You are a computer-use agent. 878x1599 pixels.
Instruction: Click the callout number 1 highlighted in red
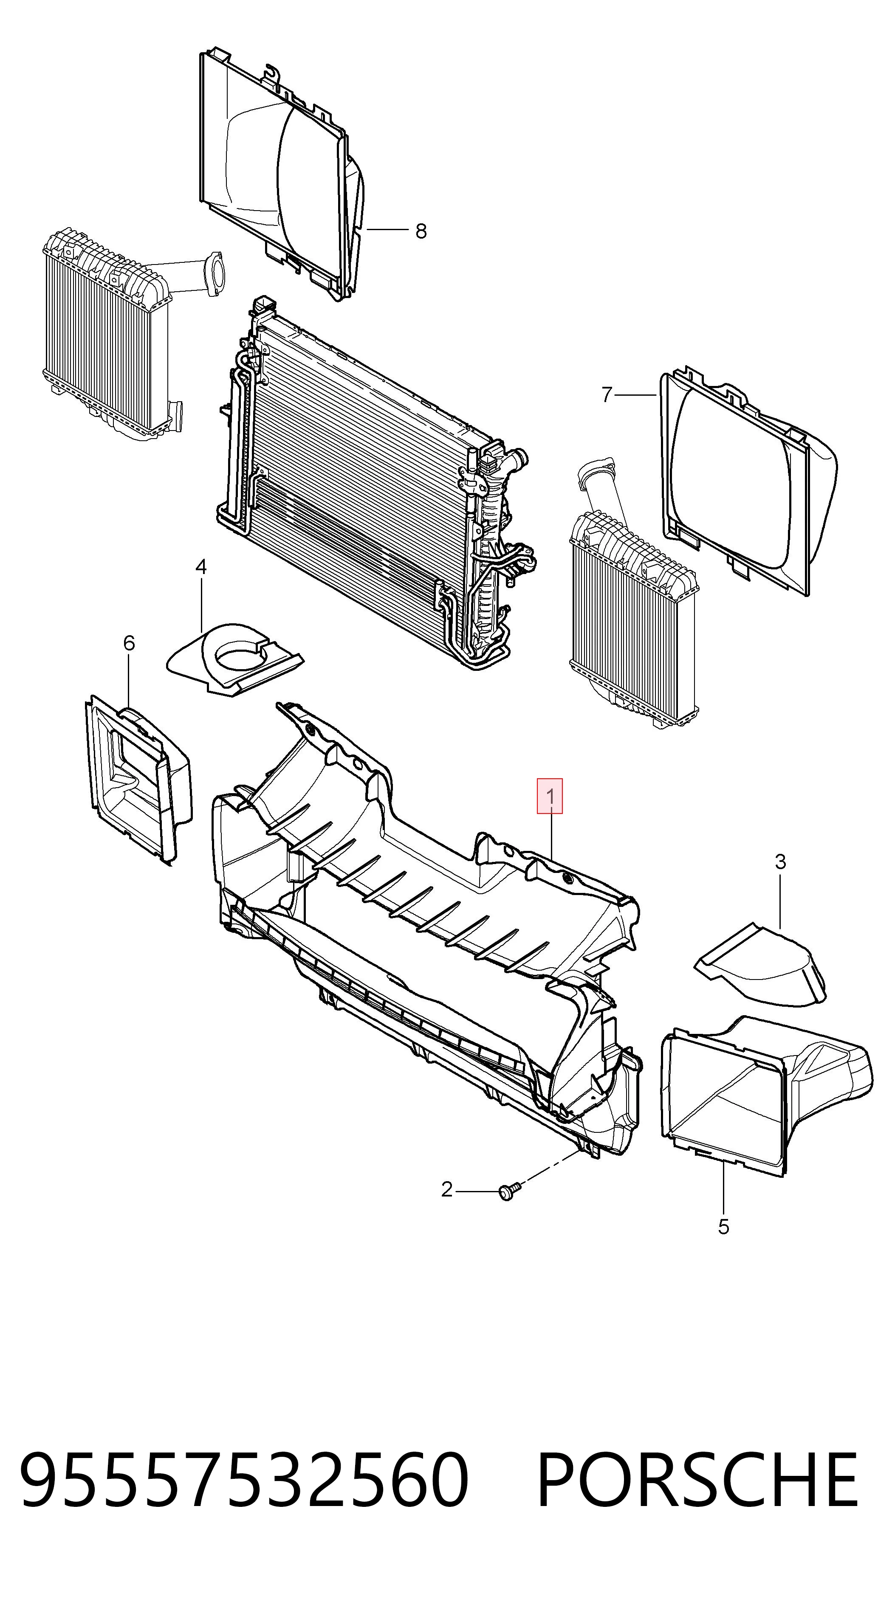(550, 796)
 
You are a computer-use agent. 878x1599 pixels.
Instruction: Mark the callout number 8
(421, 231)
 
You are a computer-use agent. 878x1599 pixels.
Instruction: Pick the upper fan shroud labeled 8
(282, 174)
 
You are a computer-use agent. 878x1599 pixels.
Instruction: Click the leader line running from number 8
(387, 230)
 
